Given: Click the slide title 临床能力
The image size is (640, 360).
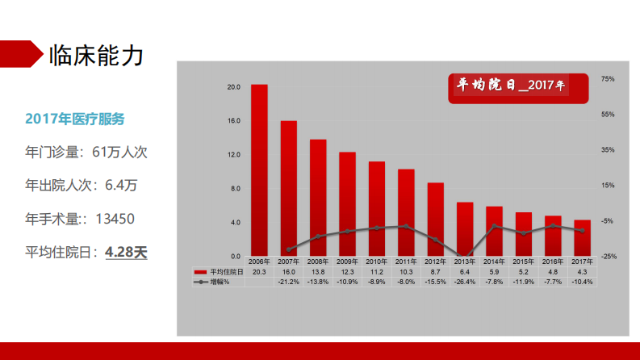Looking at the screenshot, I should pos(96,56).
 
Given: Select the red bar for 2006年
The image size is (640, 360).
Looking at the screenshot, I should pos(259,170).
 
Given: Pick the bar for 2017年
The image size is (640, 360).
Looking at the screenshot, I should pos(582,237).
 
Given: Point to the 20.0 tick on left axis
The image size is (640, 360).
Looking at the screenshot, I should pos(234,87).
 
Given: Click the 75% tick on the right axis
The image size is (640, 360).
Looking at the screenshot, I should pos(608,79).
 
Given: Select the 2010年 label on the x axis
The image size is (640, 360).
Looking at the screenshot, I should pos(377,262).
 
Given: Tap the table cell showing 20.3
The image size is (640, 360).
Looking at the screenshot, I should pos(259,272).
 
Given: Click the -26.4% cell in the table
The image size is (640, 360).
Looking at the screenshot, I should pos(465,282).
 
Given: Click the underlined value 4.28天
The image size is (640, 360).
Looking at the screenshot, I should pos(126,252).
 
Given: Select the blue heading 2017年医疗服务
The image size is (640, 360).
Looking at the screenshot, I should pos(75,119).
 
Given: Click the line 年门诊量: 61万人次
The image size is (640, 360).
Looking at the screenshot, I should pos(86,151).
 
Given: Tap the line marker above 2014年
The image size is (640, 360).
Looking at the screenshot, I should pos(494,226).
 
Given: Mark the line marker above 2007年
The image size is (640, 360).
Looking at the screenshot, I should pos(288,250).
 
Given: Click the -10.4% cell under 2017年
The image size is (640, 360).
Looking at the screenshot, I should pos(582,282).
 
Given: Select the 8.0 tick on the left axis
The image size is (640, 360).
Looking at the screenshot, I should pos(234,189).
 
